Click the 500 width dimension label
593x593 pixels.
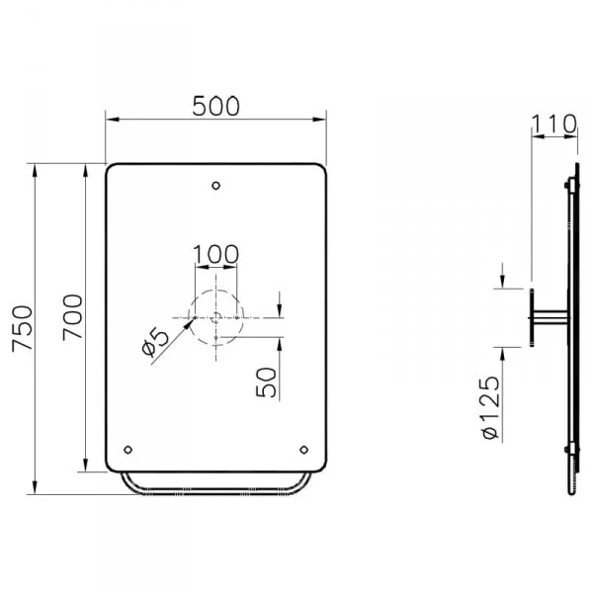pyautogui.click(x=215, y=106)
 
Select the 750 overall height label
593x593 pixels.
pyautogui.click(x=23, y=329)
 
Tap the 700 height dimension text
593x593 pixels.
pyautogui.click(x=72, y=317)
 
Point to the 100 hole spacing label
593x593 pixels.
pyautogui.click(x=215, y=254)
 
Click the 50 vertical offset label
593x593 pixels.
pyautogui.click(x=266, y=382)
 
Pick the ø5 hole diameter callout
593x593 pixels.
pyautogui.click(x=155, y=342)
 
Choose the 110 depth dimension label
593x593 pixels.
pyautogui.click(x=554, y=124)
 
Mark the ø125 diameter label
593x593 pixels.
pyautogui.click(x=491, y=407)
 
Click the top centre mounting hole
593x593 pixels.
pyautogui.click(x=215, y=186)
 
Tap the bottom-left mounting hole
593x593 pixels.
pyautogui.click(x=128, y=450)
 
